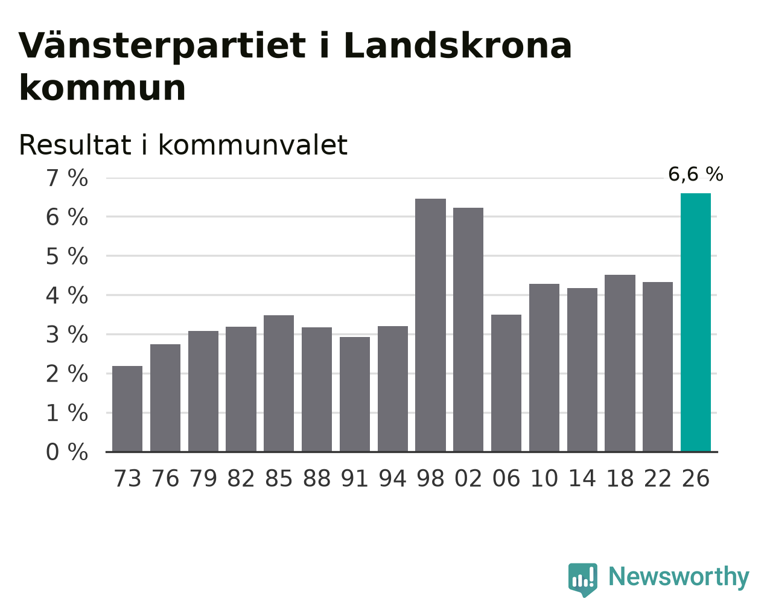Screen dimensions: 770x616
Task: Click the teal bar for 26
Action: tap(695, 322)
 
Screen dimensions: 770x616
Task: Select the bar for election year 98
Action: tap(430, 325)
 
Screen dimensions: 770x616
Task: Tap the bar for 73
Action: tap(127, 409)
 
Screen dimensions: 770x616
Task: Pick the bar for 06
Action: tap(506, 383)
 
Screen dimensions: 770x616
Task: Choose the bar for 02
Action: tap(468, 330)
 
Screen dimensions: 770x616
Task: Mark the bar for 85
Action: tap(279, 383)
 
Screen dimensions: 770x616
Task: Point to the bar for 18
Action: tap(620, 363)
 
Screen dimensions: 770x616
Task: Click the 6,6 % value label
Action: tap(695, 175)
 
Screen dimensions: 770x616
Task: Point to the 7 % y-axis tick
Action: tap(67, 178)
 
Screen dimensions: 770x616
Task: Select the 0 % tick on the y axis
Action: tap(67, 452)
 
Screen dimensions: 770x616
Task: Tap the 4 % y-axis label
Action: tap(67, 296)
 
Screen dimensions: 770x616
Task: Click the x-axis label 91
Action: tap(354, 478)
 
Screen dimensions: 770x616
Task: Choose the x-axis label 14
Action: tap(582, 478)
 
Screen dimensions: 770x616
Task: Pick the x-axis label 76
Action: tap(165, 478)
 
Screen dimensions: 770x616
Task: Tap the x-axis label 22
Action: tap(658, 478)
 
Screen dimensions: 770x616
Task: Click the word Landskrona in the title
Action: tap(457, 46)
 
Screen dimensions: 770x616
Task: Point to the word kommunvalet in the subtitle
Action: tap(253, 146)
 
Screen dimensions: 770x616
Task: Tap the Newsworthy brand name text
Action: tap(679, 577)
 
